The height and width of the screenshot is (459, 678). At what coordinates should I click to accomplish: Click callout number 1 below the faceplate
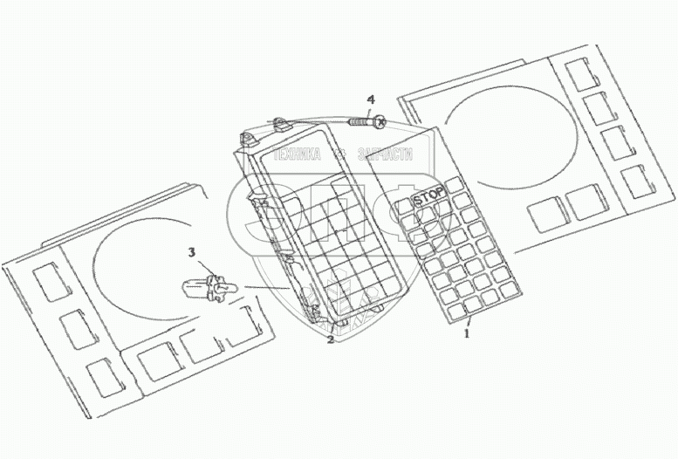(467, 332)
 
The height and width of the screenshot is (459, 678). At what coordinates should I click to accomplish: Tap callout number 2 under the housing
(330, 340)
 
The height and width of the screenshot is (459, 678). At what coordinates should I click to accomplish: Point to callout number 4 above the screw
(370, 100)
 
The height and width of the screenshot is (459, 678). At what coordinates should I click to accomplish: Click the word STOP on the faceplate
(428, 197)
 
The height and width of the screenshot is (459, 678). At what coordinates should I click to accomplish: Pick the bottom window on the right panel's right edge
(639, 179)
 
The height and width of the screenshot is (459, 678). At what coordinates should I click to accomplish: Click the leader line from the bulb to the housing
(266, 287)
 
